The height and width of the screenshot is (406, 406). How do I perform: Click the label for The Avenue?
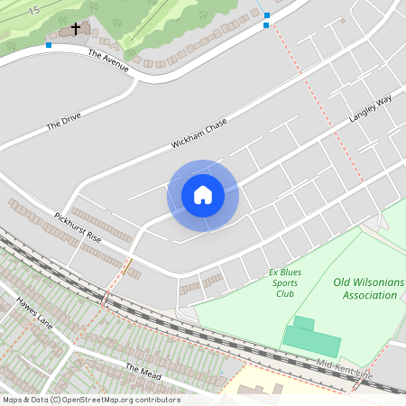(108, 60)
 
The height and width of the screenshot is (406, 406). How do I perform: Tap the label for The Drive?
(63, 121)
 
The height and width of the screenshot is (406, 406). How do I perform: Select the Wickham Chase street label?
(198, 134)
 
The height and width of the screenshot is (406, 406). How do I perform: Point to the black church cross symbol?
(75, 30)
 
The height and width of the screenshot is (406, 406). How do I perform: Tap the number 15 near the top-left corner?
(33, 10)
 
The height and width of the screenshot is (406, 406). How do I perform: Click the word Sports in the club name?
(285, 282)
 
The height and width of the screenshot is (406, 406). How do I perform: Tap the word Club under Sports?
(285, 293)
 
